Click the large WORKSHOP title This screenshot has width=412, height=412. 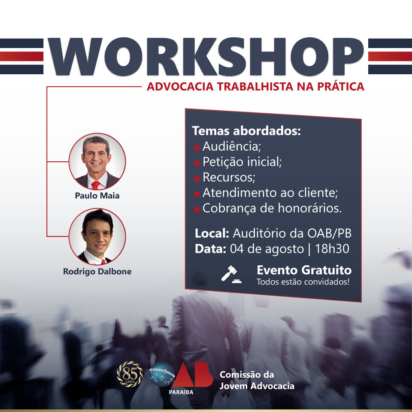coord(206,57)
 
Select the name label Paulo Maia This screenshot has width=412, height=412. coord(97,196)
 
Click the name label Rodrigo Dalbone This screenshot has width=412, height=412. coord(97,271)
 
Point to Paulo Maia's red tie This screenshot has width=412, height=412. coord(96,185)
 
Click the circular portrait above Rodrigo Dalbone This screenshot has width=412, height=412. coord(97,236)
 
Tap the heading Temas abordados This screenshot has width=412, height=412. coord(246,130)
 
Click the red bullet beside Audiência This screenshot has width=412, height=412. coord(197,148)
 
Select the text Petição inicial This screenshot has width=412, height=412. coord(242,162)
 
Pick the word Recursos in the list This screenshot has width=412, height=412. coord(229,177)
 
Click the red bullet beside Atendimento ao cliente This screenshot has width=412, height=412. coord(197,194)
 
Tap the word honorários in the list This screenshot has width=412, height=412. coord(310,208)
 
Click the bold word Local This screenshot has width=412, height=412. coord(212,233)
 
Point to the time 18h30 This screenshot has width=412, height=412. coord(332,248)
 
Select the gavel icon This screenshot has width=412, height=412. coord(231,274)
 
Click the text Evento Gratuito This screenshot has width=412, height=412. coord(304,270)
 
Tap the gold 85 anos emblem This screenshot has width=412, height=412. coord(130,374)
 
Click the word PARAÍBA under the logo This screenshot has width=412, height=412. coord(181,392)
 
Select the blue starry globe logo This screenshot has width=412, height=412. coord(162,374)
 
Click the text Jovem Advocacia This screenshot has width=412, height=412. coord(257,386)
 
